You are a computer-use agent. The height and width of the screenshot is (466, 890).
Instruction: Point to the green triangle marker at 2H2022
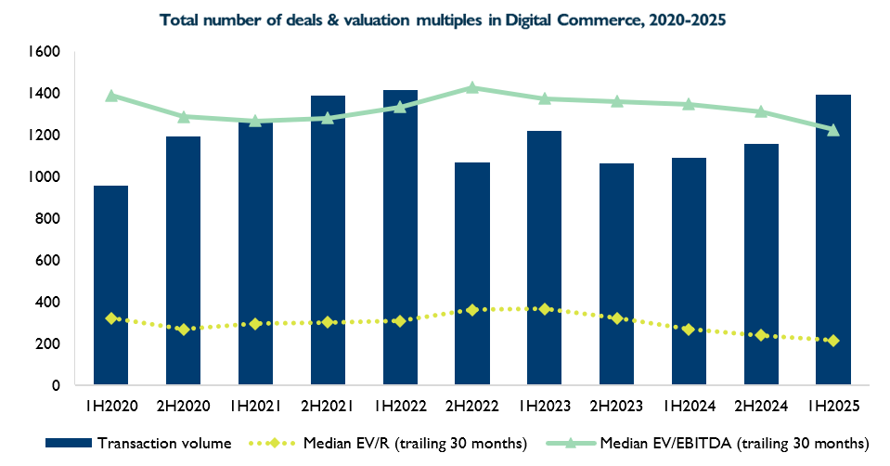pos(471,87)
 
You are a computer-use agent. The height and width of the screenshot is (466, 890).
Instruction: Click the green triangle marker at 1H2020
pos(111,96)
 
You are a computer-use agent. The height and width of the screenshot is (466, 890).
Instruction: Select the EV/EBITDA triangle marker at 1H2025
pos(832,130)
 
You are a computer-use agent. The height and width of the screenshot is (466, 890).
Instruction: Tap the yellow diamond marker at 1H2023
pos(544,309)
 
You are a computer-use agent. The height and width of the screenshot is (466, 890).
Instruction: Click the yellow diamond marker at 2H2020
pos(184,330)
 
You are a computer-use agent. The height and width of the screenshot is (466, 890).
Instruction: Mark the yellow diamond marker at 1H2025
pos(832,341)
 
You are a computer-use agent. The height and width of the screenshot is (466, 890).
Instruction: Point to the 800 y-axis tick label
pos(48,219)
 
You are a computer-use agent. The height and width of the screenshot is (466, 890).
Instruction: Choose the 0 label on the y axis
pos(56,385)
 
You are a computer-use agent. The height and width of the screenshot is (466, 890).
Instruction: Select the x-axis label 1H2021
pos(256,407)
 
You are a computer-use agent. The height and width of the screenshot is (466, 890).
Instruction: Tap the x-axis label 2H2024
pos(760,407)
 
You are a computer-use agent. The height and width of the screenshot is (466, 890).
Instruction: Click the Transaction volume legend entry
pos(152,442)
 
